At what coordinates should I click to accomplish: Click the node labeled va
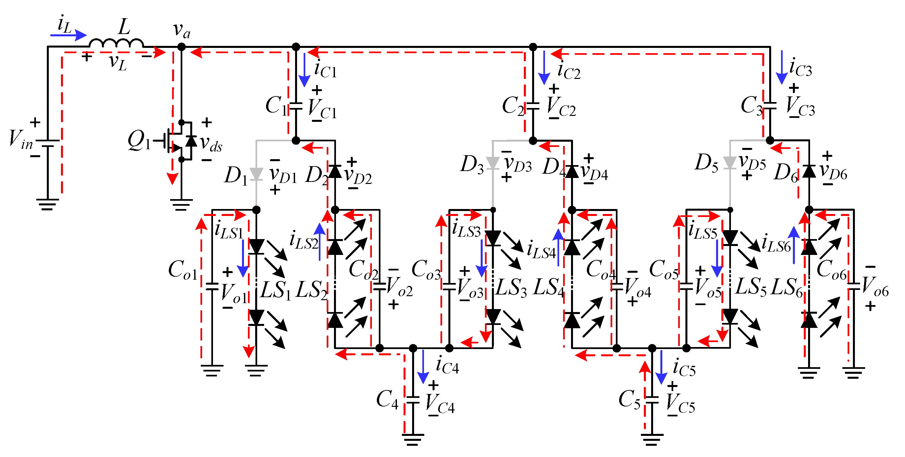[181, 47]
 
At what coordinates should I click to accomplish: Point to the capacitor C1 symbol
[296, 106]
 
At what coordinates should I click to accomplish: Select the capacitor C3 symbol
[770, 106]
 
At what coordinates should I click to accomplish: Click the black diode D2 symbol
[335, 171]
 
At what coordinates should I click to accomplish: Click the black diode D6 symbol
[809, 171]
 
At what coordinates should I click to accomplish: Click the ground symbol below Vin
[47, 204]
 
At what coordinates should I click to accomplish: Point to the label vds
[211, 144]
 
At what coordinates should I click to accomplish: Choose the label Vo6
[875, 286]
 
